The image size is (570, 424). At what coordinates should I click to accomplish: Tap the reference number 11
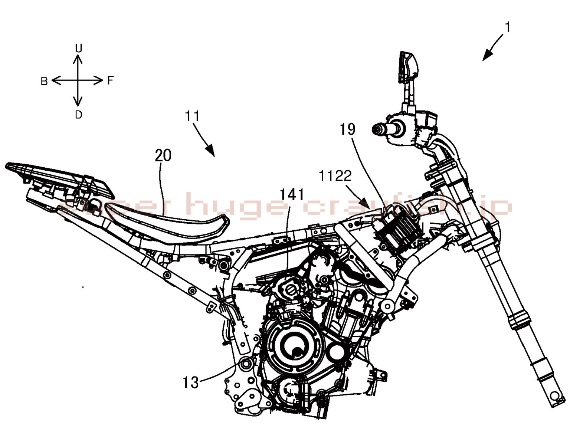[x=192, y=116]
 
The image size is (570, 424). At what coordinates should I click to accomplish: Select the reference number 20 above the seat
[x=163, y=155]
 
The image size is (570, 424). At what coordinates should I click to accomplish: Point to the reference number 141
[x=292, y=195]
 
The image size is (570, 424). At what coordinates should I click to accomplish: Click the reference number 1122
[x=335, y=176]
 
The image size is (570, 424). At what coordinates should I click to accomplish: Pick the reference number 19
[x=347, y=129]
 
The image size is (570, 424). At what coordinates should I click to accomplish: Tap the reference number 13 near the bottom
[x=191, y=382]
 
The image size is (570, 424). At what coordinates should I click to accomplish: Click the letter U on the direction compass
[x=78, y=48]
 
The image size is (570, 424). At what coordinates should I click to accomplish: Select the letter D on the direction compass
[x=78, y=115]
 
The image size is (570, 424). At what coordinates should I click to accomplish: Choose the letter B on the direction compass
[x=44, y=81]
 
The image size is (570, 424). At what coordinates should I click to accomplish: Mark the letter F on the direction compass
[x=110, y=80]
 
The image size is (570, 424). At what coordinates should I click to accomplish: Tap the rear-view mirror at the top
[x=408, y=67]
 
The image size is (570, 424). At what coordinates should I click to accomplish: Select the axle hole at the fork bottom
[x=555, y=395]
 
